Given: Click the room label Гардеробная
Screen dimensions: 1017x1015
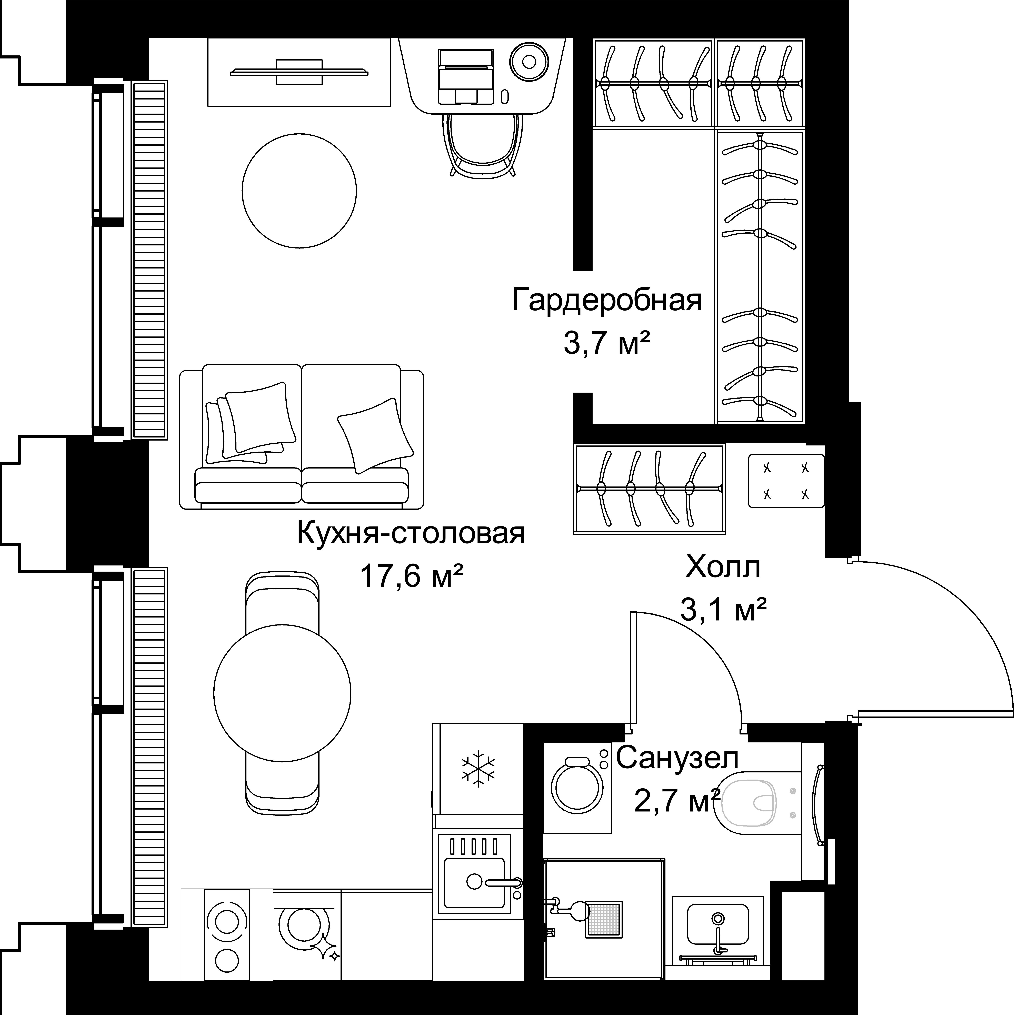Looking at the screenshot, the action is [x=607, y=301].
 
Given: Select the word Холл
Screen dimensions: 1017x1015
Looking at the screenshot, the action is [x=723, y=568].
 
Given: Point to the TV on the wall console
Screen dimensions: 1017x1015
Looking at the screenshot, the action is [x=299, y=72].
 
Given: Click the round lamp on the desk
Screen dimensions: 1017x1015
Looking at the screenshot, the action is [x=529, y=62].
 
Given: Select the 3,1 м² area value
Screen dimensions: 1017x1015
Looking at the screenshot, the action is [x=723, y=611].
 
